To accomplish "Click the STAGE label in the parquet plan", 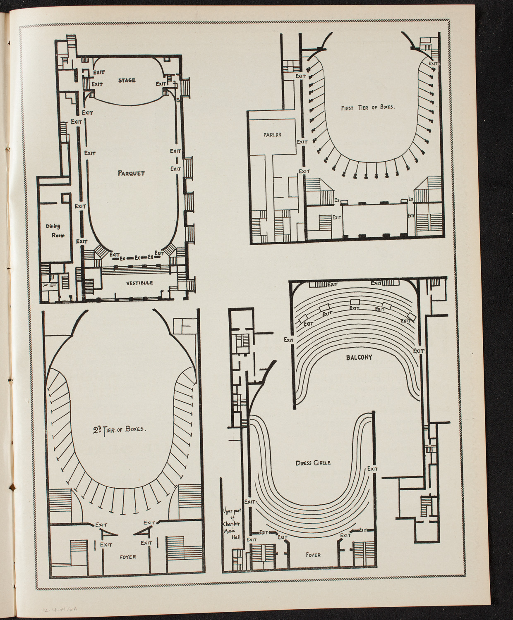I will [x=127, y=80].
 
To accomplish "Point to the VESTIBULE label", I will [x=139, y=283].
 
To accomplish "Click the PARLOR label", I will [x=271, y=134].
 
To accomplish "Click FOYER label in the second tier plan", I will [x=126, y=557].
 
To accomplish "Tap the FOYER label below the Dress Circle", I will [x=313, y=555].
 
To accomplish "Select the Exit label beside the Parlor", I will [x=302, y=142].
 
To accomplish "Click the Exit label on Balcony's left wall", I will [x=289, y=340].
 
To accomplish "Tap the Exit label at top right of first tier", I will [x=433, y=64].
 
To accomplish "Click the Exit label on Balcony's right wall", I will [x=419, y=351].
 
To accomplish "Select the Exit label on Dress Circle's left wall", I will [x=249, y=502].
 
